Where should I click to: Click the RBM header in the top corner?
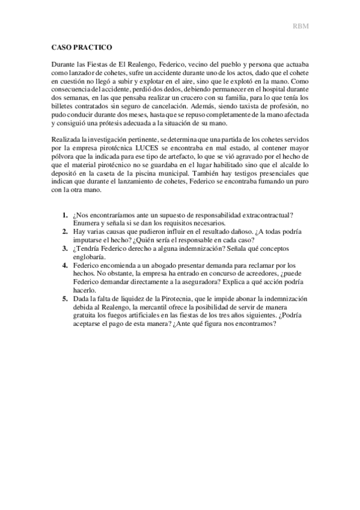point(301,26)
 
